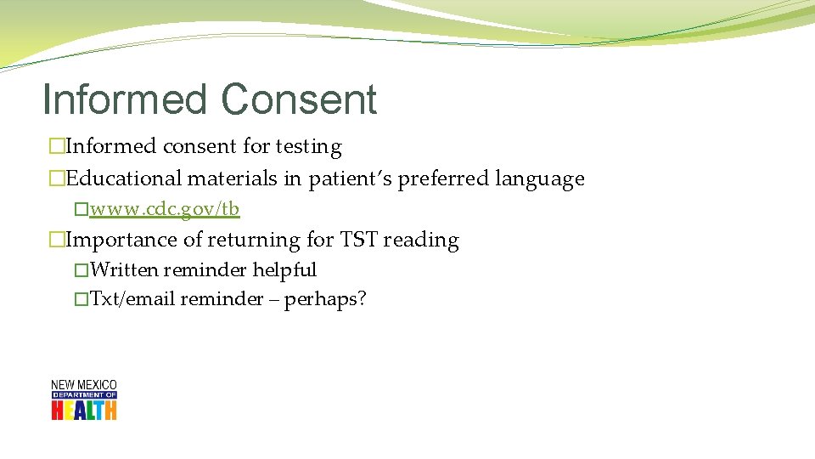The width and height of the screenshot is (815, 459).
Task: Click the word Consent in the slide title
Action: click(300, 99)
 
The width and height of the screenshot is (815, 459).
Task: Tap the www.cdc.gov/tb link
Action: click(165, 209)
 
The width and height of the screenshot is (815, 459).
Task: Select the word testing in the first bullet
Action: click(308, 147)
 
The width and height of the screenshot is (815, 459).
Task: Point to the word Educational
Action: click(124, 179)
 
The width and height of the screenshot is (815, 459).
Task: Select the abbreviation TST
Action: click(358, 241)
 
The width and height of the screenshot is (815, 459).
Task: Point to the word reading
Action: click(421, 241)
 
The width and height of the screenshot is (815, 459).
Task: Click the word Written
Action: click(124, 270)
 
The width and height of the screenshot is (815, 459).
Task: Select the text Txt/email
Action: click(132, 299)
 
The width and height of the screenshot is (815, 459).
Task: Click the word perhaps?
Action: click(325, 299)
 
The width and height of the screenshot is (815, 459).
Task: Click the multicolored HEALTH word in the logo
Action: click(83, 410)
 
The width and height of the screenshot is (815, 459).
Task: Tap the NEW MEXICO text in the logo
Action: click(83, 385)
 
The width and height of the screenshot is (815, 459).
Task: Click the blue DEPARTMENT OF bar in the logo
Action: click(83, 395)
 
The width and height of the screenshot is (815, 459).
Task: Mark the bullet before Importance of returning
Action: click(57, 241)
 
